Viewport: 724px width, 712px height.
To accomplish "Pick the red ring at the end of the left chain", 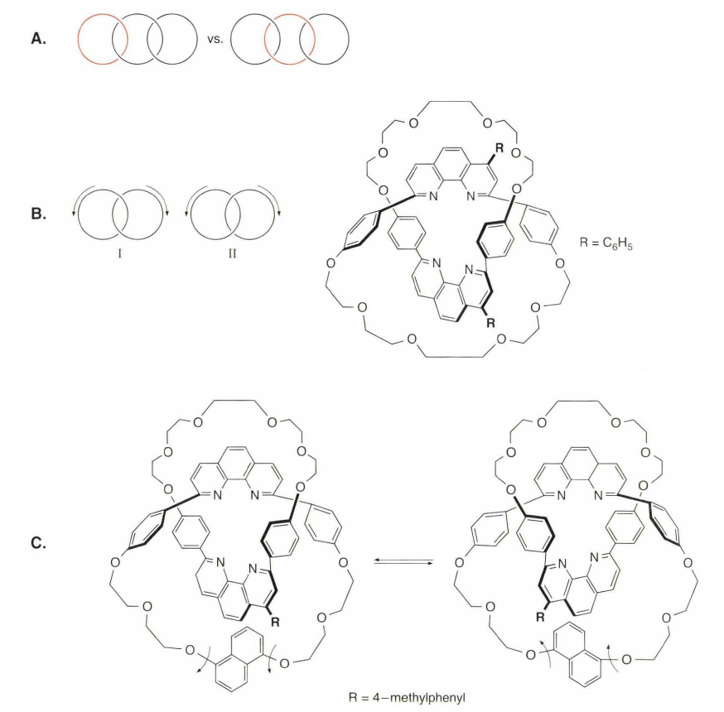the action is point(102,39).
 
